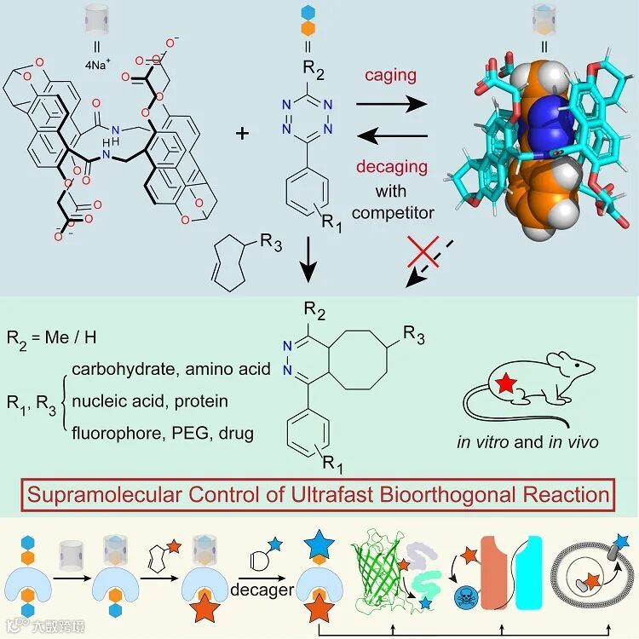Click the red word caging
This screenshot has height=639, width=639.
(x=392, y=76)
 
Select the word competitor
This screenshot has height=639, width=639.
(x=392, y=211)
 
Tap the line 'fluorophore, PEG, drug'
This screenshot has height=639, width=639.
(x=163, y=433)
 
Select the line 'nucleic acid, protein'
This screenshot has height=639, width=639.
(x=150, y=400)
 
